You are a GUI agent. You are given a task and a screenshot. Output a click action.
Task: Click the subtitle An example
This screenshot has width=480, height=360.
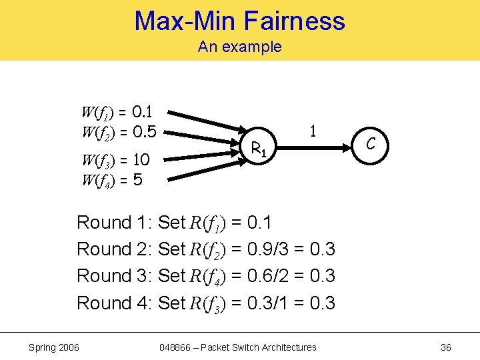click(240, 47)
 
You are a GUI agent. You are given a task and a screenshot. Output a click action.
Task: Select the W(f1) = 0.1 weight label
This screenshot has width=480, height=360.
click(119, 111)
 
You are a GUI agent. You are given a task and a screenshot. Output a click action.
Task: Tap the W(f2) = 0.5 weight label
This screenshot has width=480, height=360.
click(119, 131)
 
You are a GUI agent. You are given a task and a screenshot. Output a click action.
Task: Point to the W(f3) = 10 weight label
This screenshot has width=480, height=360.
click(115, 160)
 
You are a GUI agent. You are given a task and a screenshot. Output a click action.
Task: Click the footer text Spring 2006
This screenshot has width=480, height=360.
click(53, 347)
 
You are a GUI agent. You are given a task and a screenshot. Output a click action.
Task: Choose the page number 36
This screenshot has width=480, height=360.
click(446, 347)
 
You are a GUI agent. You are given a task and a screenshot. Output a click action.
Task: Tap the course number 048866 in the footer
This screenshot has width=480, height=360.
click(176, 347)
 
